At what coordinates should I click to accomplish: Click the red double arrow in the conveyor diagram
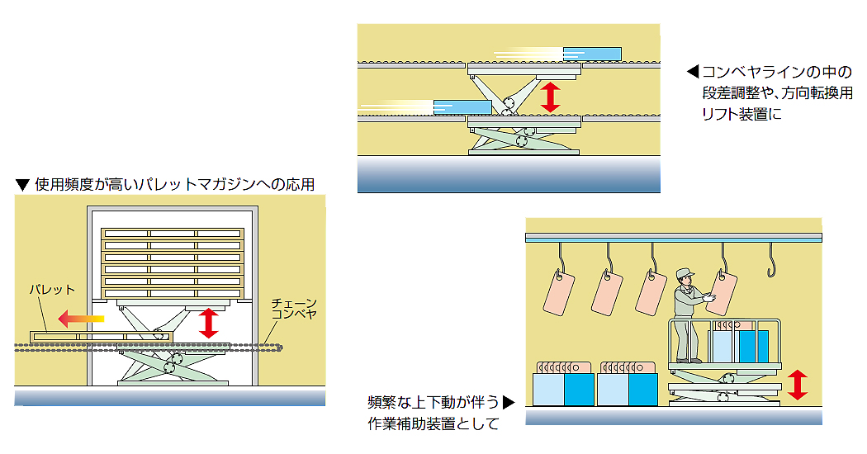[x=550, y=96]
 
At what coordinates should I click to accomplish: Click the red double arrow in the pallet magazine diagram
[x=209, y=323]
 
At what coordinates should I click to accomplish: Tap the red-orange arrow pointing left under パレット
[x=81, y=315]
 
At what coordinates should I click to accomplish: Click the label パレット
[x=51, y=290]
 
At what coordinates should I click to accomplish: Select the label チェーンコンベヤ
[x=294, y=310]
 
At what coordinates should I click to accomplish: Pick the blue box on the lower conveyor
[x=462, y=106]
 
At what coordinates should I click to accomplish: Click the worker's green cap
[x=685, y=272]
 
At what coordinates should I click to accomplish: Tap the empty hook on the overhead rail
[x=774, y=260]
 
